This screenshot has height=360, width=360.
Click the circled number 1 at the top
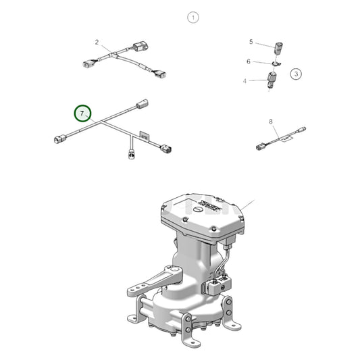(193, 18)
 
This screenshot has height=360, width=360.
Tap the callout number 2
(97, 42)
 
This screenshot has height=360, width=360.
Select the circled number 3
(296, 74)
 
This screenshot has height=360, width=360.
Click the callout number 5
(251, 42)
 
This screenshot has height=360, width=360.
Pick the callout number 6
(249, 61)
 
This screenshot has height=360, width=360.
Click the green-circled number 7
(82, 111)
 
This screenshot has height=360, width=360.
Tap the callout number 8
(270, 122)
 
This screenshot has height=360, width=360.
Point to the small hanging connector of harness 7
(132, 156)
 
